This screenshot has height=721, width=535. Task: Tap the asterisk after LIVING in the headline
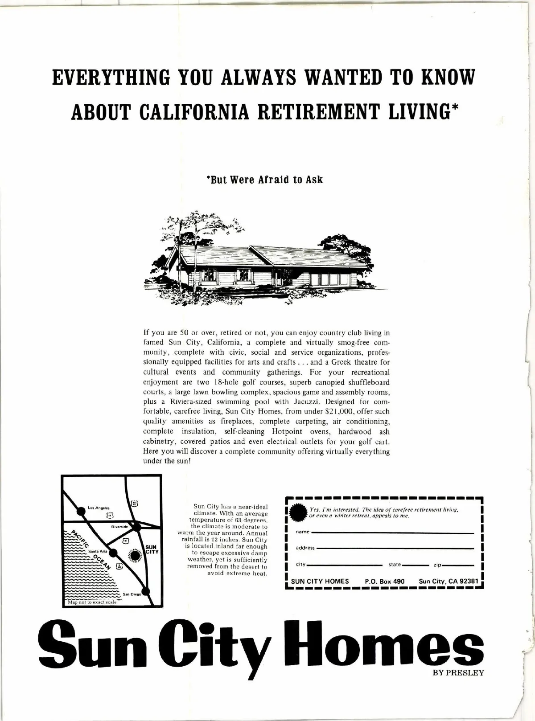pyautogui.click(x=455, y=109)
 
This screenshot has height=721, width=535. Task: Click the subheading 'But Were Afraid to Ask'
pyautogui.click(x=264, y=180)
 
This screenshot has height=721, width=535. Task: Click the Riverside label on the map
pyautogui.click(x=120, y=527)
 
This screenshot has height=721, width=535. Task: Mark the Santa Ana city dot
pyautogui.click(x=113, y=553)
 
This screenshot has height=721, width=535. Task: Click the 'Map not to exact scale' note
pyautogui.click(x=92, y=602)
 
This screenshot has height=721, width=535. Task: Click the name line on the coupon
pyautogui.click(x=392, y=533)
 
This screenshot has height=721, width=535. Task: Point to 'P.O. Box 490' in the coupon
pyautogui.click(x=384, y=582)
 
